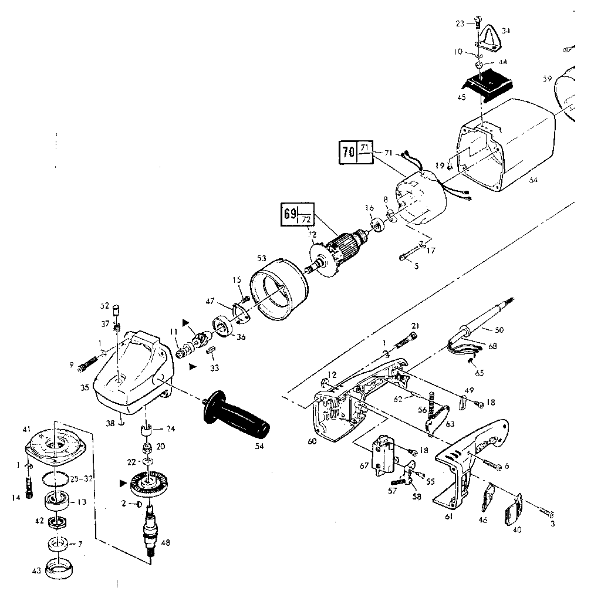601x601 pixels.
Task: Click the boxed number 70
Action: (348, 151)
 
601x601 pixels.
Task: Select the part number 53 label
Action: (261, 258)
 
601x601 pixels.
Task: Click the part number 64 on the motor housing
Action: (532, 180)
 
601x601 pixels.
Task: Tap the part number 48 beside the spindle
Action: (166, 542)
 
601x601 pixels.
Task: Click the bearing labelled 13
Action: (58, 502)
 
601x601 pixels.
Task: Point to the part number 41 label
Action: (26, 430)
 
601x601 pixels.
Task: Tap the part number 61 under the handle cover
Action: (448, 516)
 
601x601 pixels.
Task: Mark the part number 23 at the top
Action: (460, 23)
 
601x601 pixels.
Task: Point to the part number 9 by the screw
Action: (72, 366)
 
